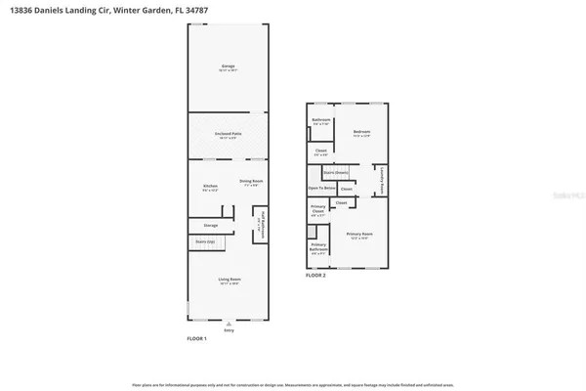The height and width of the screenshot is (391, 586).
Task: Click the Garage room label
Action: pyautogui.click(x=228, y=65)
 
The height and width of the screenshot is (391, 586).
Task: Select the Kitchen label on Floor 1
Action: pyautogui.click(x=209, y=185)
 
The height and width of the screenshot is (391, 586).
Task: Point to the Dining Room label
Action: pyautogui.click(x=251, y=181)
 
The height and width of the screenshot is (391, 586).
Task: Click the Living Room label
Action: pyautogui.click(x=228, y=281)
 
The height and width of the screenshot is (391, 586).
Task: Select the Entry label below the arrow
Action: pyautogui.click(x=230, y=329)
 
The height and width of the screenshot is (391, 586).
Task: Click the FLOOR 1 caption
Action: pyautogui.click(x=196, y=338)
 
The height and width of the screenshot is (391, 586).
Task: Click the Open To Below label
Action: pyautogui.click(x=322, y=188)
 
